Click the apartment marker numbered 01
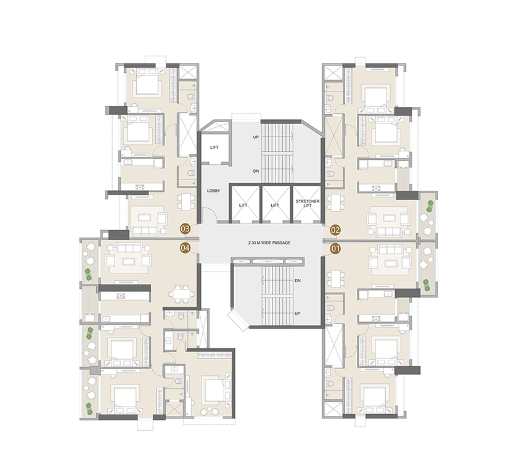click(x=336, y=249)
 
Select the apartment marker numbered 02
click(x=336, y=230)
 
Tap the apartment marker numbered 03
click(x=184, y=229)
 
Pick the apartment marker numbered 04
click(x=184, y=248)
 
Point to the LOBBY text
click(x=213, y=191)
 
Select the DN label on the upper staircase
click(x=255, y=171)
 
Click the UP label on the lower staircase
click(x=298, y=314)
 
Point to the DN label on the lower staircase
click(x=298, y=280)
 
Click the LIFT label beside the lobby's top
click(x=214, y=148)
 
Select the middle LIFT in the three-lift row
click(x=275, y=205)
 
